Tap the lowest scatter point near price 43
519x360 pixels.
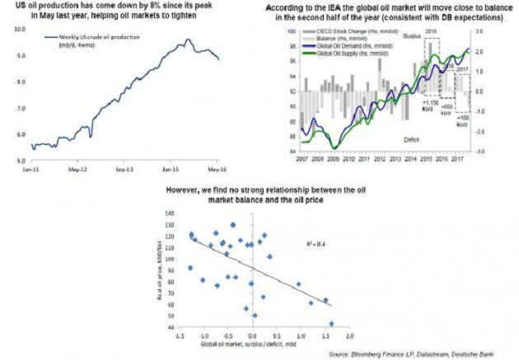(332, 324)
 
